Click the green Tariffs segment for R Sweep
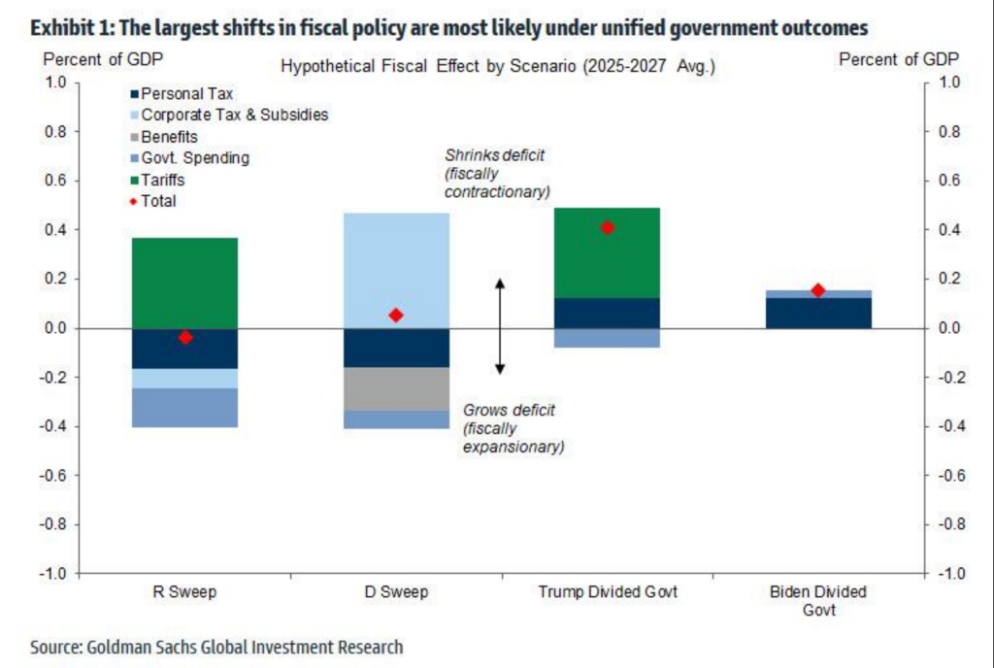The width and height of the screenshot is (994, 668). tap(184, 283)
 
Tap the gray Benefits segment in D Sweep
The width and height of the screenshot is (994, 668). tap(395, 388)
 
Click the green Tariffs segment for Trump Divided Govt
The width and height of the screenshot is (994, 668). tap(607, 252)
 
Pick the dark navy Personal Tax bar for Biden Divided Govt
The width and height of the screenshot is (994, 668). tap(817, 313)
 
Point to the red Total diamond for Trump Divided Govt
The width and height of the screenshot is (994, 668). tap(608, 228)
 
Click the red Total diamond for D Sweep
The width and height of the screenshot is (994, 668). tap(395, 315)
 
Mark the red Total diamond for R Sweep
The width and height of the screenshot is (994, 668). tap(184, 337)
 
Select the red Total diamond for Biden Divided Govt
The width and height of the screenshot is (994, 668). tap(818, 290)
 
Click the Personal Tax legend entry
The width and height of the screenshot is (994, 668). tap(185, 94)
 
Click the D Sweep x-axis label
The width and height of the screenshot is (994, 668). tap(395, 591)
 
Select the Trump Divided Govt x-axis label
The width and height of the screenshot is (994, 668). tap(608, 591)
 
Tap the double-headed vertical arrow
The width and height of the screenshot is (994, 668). tap(500, 326)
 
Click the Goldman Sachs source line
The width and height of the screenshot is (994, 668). tap(216, 647)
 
